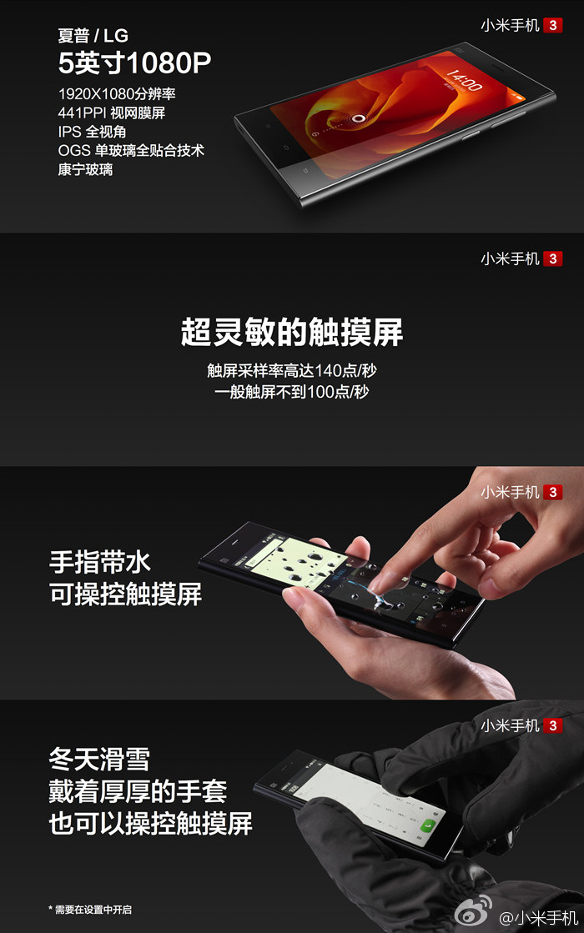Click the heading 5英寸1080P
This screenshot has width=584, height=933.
tap(134, 63)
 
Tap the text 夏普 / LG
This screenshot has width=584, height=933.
tap(93, 36)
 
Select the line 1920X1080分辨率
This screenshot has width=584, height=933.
tap(117, 93)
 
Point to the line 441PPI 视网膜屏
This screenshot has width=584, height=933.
tap(111, 113)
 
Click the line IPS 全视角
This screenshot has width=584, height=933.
tap(92, 132)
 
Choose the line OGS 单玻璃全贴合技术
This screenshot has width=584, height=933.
tap(131, 151)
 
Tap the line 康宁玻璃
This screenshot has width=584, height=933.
tap(85, 169)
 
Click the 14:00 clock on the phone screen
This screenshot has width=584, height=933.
tap(464, 80)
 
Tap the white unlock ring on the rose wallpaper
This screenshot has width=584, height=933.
tap(359, 118)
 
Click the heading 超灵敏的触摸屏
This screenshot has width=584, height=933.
tap(292, 332)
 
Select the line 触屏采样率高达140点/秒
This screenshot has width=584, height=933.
tap(292, 371)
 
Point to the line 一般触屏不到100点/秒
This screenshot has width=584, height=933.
tap(292, 392)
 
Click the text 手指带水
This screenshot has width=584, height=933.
tap(100, 562)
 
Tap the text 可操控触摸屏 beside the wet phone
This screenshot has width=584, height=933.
tap(126, 594)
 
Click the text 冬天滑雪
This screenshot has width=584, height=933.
tap(99, 760)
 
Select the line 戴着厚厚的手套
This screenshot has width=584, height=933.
tap(138, 791)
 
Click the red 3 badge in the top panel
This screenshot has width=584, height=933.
tap(553, 25)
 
